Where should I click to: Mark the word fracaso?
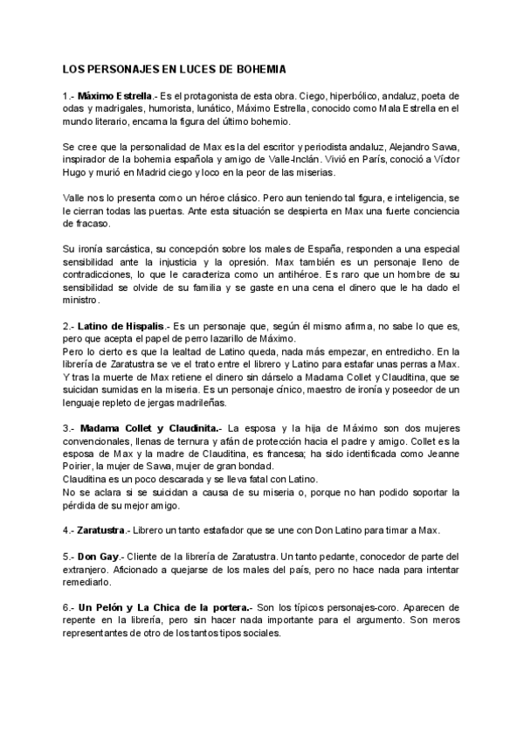[84, 224]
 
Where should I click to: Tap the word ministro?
[82, 300]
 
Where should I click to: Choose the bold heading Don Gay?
[97, 557]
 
